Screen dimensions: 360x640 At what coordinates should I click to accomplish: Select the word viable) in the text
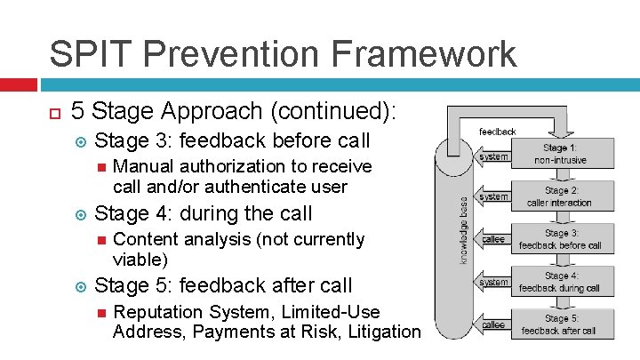click(141, 259)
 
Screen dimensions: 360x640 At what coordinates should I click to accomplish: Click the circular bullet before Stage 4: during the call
click(80, 214)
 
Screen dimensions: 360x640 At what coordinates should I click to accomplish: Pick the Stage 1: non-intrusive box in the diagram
click(560, 153)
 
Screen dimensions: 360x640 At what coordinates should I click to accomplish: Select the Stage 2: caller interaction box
click(560, 196)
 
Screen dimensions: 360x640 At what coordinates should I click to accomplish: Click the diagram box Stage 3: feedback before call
click(560, 239)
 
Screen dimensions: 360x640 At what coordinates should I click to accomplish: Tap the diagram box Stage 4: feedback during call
click(560, 282)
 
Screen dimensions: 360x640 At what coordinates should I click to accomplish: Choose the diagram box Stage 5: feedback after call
click(560, 324)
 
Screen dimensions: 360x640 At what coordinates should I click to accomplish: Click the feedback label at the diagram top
click(497, 132)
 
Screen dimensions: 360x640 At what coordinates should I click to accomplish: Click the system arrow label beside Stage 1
click(494, 157)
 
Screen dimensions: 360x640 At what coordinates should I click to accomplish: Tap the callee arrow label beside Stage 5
click(493, 325)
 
